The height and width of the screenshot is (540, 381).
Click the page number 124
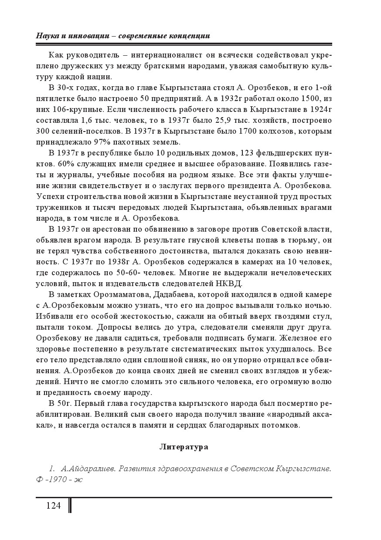click(x=53, y=506)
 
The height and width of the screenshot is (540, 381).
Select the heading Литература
click(x=184, y=446)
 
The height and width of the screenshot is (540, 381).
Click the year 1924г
click(x=321, y=110)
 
